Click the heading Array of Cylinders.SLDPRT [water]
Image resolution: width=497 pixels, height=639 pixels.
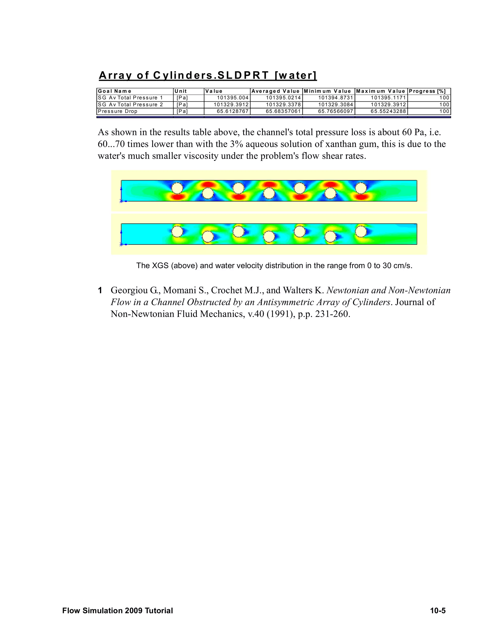[x=208, y=75]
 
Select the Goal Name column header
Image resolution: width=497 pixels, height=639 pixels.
[x=115, y=91]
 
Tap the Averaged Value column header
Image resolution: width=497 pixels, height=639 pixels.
[x=276, y=91]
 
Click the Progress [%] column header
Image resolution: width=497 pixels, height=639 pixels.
[x=427, y=91]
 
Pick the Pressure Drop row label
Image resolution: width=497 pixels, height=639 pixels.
[x=118, y=111]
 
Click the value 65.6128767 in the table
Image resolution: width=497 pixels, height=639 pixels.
[x=232, y=111]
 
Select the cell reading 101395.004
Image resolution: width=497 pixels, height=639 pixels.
[x=232, y=98]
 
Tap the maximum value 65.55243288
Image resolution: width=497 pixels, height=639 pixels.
[x=388, y=111]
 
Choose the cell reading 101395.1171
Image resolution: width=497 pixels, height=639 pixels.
[x=388, y=98]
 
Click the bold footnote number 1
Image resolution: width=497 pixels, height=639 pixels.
[x=100, y=290]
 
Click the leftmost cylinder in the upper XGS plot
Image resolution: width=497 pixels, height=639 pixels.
[x=177, y=188]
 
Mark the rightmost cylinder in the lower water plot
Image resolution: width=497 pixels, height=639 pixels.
[x=361, y=232]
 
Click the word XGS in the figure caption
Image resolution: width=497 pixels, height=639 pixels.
[x=160, y=266]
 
